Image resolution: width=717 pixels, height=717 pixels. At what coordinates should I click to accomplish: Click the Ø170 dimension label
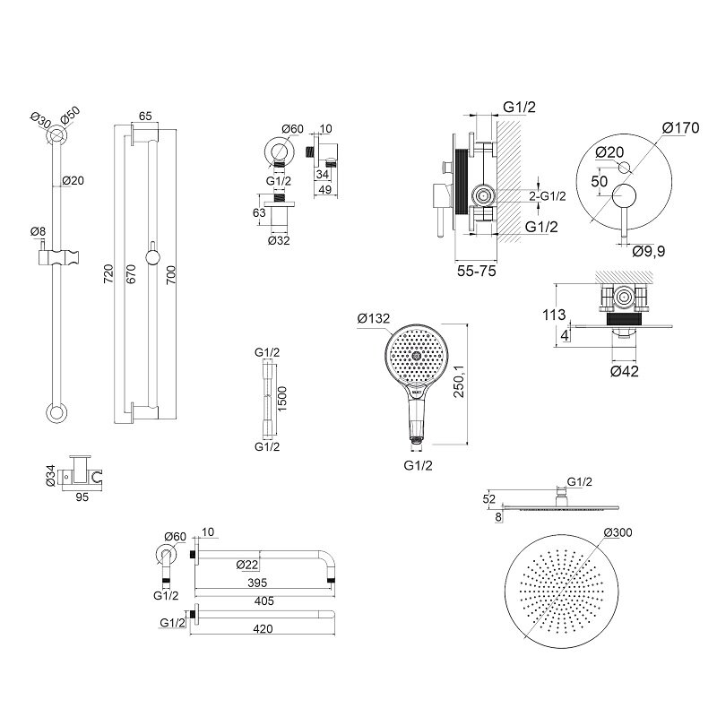click(680, 127)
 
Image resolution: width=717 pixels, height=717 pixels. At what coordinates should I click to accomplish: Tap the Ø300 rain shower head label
click(618, 532)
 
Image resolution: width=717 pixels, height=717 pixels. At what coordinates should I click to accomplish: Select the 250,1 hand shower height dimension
click(459, 381)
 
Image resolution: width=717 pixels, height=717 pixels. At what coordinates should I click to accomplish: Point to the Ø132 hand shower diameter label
click(374, 318)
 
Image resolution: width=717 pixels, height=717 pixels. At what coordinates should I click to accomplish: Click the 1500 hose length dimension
click(282, 399)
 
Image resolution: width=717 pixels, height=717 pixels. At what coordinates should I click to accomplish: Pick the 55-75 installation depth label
click(477, 272)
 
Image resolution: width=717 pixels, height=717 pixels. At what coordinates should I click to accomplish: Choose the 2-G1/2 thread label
click(548, 196)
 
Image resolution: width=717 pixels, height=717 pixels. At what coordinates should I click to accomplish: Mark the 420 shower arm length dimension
click(263, 629)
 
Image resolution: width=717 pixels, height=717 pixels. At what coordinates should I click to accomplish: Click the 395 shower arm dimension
click(257, 583)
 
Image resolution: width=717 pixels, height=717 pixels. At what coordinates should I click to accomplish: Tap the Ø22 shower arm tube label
click(247, 565)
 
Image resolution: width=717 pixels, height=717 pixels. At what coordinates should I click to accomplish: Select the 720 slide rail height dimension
click(108, 273)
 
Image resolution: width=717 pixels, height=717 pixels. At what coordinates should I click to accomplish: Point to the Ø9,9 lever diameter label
click(649, 251)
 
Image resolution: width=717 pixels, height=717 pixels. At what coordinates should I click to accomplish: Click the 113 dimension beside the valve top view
click(554, 315)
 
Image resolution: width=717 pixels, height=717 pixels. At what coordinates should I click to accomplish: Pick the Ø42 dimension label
click(624, 371)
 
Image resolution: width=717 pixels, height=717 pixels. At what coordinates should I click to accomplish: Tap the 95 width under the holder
click(82, 497)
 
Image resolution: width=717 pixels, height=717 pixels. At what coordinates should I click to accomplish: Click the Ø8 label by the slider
click(38, 231)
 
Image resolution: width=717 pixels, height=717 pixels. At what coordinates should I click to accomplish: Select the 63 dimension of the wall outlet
click(259, 212)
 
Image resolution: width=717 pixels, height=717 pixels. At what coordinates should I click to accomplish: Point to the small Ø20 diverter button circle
click(624, 168)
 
